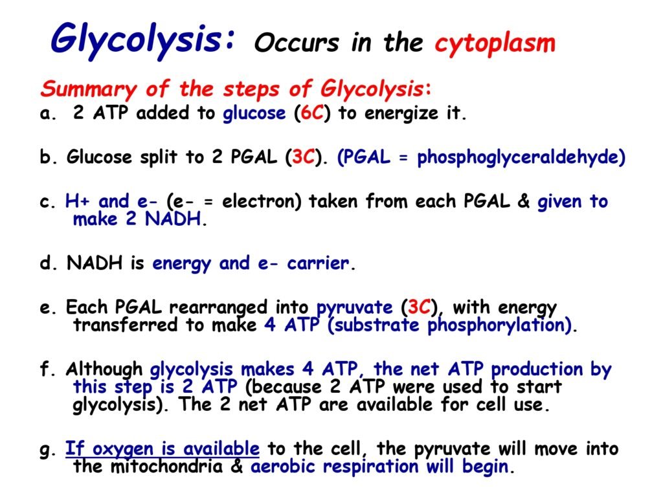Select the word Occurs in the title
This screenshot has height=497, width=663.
coord(297,43)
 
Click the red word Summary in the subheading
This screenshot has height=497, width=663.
coord(88,89)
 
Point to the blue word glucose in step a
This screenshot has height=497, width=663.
coord(254,114)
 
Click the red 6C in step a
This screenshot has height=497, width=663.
coord(312,113)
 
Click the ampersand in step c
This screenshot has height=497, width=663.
coord(523,202)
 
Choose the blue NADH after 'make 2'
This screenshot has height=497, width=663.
coord(172,219)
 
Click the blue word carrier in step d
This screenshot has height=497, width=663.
coord(318,263)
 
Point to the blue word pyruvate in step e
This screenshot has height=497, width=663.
coord(355,308)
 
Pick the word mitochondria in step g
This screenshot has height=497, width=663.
coord(166,467)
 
